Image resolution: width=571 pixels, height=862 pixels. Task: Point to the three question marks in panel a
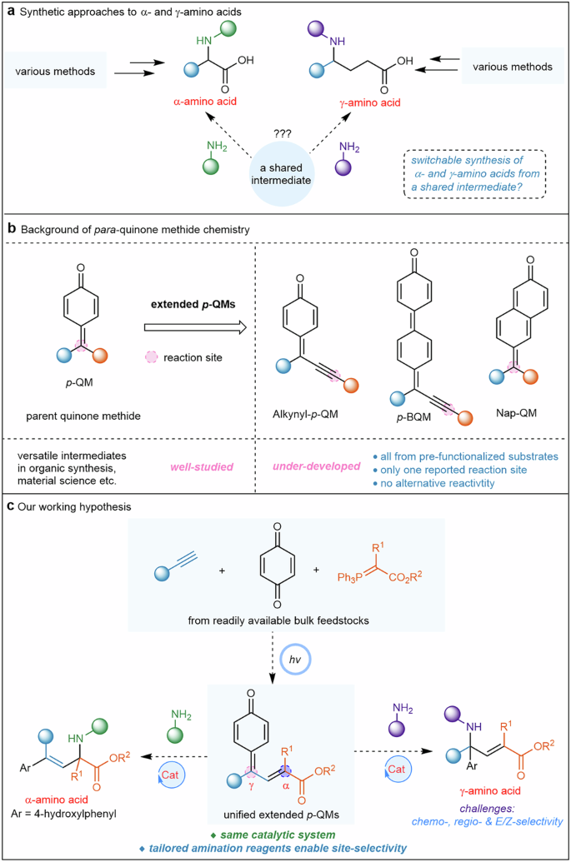pyautogui.click(x=282, y=132)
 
